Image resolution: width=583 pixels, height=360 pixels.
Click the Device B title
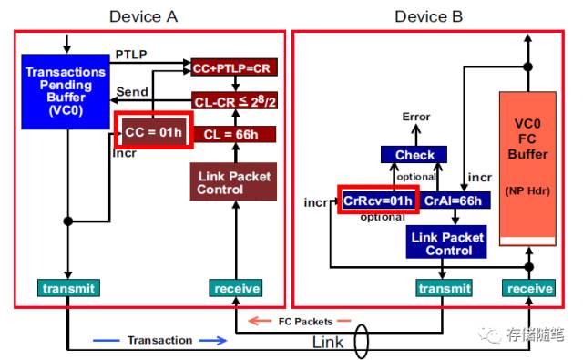[428, 16]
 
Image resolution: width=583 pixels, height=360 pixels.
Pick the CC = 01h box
[153, 132]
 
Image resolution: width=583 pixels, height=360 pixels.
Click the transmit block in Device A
[67, 288]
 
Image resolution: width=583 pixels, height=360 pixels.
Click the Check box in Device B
[414, 155]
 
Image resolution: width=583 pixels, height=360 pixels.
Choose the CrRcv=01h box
[377, 200]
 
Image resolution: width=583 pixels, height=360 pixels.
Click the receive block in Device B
[529, 288]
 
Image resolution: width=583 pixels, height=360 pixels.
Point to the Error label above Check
[415, 117]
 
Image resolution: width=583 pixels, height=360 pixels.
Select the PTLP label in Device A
[132, 56]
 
